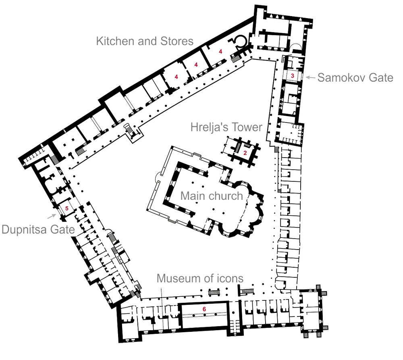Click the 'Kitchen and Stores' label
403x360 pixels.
coord(145,41)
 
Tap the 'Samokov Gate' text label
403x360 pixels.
coord(355,78)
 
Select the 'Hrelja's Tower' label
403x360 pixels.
coord(226,127)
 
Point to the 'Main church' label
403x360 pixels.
coord(212,196)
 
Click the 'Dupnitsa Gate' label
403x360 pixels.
coord(38,229)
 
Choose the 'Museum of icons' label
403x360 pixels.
coord(200,278)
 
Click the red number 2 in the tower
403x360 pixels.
coord(245,153)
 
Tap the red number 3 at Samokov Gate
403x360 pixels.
coord(292,76)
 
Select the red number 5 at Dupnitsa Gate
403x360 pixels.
coord(67,208)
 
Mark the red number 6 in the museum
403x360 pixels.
coord(204,309)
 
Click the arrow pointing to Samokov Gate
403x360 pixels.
coord(310,77)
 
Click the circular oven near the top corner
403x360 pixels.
coord(241,41)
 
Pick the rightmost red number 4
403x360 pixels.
coord(220,52)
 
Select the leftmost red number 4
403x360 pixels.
coord(176,77)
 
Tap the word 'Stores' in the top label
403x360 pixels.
coord(177,41)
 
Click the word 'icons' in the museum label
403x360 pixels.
coord(230,278)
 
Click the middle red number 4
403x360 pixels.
coord(196,65)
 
